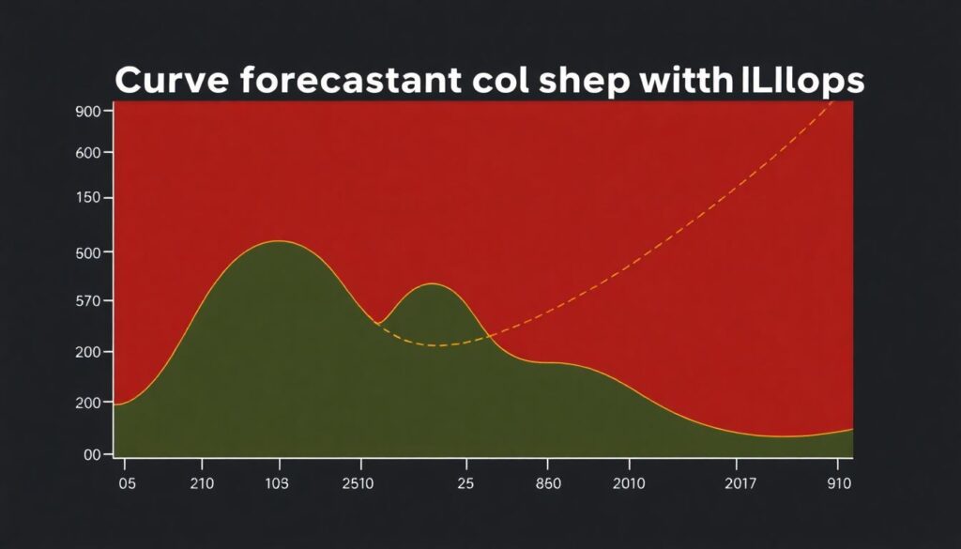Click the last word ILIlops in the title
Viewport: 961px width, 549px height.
pyautogui.click(x=799, y=83)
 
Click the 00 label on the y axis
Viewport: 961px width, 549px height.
pyautogui.click(x=92, y=455)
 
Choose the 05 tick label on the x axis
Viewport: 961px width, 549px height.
pyautogui.click(x=127, y=484)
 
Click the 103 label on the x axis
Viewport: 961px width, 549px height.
pyautogui.click(x=278, y=484)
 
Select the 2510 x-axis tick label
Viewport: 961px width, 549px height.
pyautogui.click(x=358, y=484)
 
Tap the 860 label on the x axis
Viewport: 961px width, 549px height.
pyautogui.click(x=548, y=484)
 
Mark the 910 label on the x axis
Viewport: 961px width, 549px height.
pyautogui.click(x=839, y=484)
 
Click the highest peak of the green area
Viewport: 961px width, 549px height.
pyautogui.click(x=279, y=241)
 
